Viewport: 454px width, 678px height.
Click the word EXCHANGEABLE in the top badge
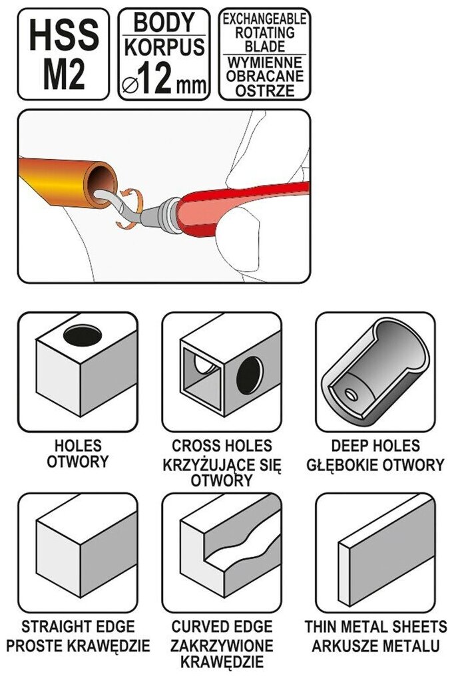[264, 17]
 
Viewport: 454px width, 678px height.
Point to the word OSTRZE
[264, 90]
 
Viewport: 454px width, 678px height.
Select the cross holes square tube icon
[222, 372]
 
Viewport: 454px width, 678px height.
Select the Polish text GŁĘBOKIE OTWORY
[375, 464]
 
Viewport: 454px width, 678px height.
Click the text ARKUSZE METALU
[375, 645]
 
